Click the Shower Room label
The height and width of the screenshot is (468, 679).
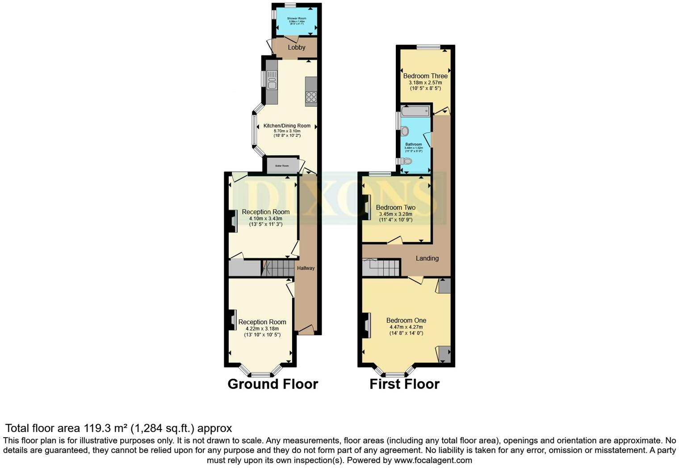click(297, 18)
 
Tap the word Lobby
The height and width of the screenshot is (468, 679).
click(297, 47)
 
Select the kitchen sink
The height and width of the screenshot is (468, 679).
click(272, 82)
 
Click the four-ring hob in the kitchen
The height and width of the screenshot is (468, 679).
click(311, 97)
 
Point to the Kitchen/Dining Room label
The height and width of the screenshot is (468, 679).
click(287, 126)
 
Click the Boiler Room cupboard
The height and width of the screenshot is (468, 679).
click(282, 166)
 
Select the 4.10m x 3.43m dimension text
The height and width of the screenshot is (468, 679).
click(266, 218)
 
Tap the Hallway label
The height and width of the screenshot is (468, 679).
click(306, 268)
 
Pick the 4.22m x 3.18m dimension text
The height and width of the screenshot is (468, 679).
click(262, 329)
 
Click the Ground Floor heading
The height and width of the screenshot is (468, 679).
click(272, 384)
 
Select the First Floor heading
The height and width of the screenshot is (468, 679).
click(404, 384)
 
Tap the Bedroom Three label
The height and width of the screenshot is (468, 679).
click(425, 76)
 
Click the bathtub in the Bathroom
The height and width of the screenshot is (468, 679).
click(415, 110)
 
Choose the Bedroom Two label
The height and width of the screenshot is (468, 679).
click(396, 208)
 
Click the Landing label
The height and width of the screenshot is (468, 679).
click(427, 258)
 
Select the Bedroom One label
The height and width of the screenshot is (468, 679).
click(406, 321)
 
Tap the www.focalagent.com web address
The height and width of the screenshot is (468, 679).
click(433, 460)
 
